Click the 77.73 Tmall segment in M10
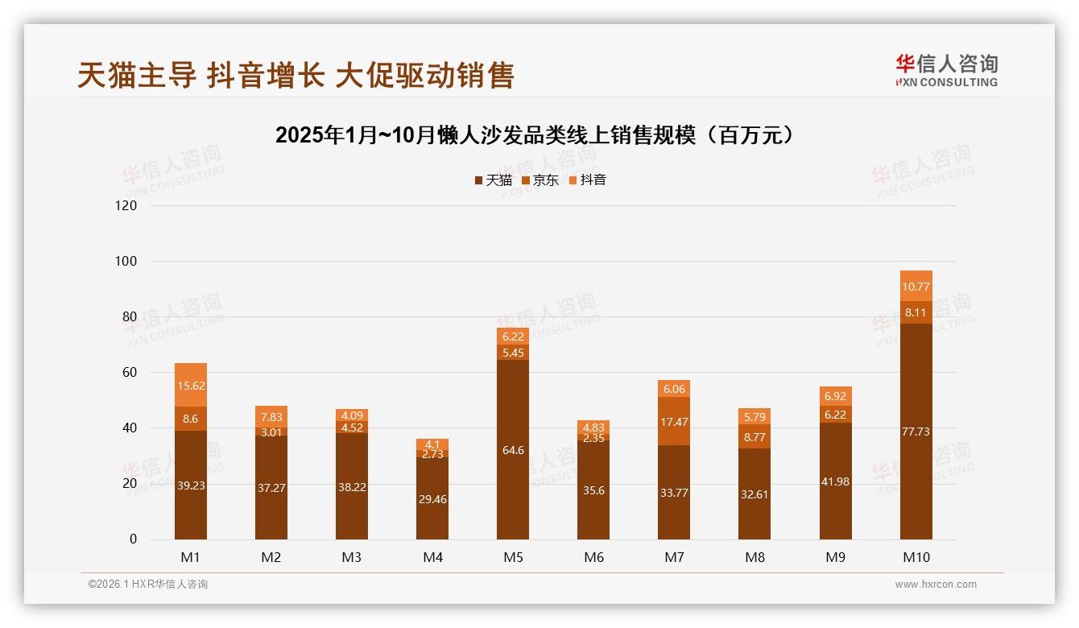tap(916, 432)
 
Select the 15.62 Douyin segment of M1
tap(191, 386)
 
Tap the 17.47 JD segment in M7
tap(674, 421)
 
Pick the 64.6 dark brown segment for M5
tap(513, 450)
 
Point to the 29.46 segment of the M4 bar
tap(432, 499)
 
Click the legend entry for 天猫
tap(493, 180)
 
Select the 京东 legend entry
tap(540, 180)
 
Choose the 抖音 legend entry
tap(588, 180)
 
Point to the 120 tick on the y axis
tap(126, 205)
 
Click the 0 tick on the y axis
tap(133, 539)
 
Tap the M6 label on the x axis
tap(593, 557)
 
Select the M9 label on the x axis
tap(835, 557)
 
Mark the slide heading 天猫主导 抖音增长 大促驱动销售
tap(296, 76)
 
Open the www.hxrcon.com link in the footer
tap(936, 585)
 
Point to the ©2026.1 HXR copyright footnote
tap(147, 585)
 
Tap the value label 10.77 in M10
tap(916, 287)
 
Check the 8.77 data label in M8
tap(754, 437)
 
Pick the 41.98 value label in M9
tap(835, 481)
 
